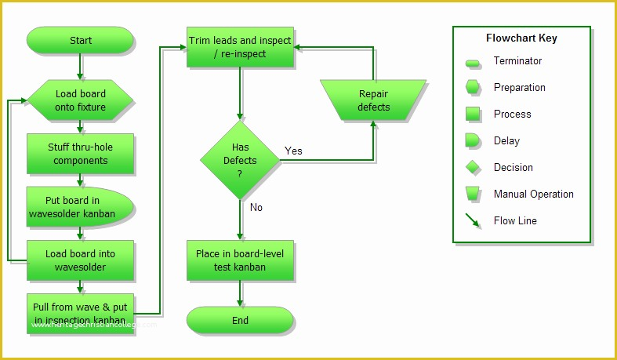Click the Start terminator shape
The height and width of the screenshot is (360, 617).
pyautogui.click(x=80, y=41)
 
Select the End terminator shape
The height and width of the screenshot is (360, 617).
pyautogui.click(x=240, y=320)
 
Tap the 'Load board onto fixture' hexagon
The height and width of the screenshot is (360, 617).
pyautogui.click(x=80, y=100)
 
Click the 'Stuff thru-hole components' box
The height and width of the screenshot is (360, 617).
pyautogui.click(x=80, y=154)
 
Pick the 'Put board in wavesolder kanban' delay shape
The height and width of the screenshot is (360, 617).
pyautogui.click(x=80, y=207)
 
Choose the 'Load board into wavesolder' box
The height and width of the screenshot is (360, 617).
pyautogui.click(x=80, y=260)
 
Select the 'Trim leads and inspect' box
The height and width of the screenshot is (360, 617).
pyautogui.click(x=240, y=47)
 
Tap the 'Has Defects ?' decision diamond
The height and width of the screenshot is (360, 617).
pyautogui.click(x=240, y=160)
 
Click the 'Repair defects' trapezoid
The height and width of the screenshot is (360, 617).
pyautogui.click(x=373, y=100)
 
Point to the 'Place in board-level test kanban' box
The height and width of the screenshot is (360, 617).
pyautogui.click(x=240, y=260)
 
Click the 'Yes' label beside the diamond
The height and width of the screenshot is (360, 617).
pyautogui.click(x=293, y=151)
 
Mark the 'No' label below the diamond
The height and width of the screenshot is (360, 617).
pyautogui.click(x=256, y=208)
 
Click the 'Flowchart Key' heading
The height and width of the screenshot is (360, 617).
pyautogui.click(x=521, y=38)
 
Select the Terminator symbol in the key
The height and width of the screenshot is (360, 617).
pyautogui.click(x=473, y=62)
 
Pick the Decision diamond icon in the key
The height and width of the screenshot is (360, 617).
pyautogui.click(x=473, y=168)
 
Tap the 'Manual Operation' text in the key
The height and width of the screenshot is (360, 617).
pyautogui.click(x=533, y=194)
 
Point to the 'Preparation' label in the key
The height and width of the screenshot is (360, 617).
pyautogui.click(x=519, y=87)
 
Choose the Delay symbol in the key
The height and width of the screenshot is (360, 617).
pyautogui.click(x=473, y=141)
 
